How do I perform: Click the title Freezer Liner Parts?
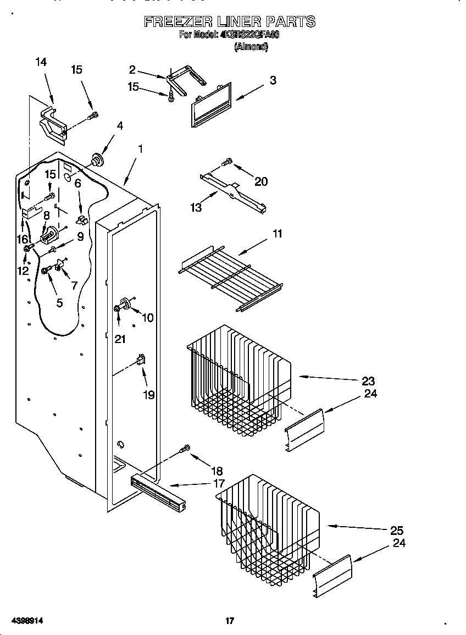(229, 22)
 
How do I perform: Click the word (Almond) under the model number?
(251, 47)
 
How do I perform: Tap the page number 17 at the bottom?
(230, 621)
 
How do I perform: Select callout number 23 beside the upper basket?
(368, 381)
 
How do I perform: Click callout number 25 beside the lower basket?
(396, 531)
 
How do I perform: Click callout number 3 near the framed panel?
(273, 80)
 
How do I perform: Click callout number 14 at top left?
(41, 62)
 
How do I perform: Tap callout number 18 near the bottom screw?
(217, 471)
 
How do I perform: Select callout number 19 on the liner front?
(148, 395)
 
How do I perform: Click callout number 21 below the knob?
(120, 339)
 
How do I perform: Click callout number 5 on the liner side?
(59, 302)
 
